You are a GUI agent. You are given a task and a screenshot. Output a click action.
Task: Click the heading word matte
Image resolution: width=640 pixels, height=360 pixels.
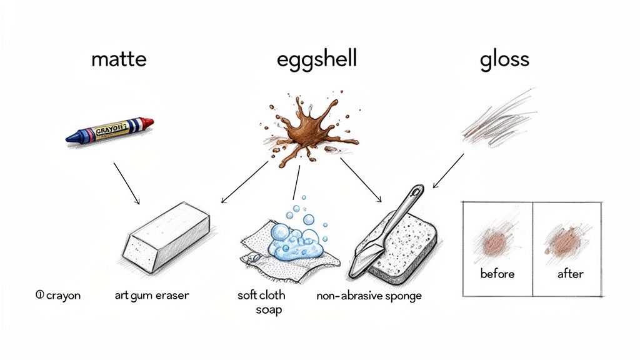[119, 59]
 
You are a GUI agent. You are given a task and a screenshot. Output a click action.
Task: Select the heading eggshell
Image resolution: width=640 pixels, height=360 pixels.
[317, 60]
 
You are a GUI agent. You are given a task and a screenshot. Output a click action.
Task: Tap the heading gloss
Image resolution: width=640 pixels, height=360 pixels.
[504, 60]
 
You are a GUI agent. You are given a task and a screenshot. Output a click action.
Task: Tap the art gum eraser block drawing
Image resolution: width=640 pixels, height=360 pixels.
[166, 234]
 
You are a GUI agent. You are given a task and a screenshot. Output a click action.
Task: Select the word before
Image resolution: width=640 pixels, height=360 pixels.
[496, 274]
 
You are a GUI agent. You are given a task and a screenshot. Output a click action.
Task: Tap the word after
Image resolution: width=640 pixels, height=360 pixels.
[569, 274]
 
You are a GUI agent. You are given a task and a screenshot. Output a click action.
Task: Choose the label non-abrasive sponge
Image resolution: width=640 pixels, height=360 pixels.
[369, 296]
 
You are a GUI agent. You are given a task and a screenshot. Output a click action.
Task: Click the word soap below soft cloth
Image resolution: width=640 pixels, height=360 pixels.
[269, 309]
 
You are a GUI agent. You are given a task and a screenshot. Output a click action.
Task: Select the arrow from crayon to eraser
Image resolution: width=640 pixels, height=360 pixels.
[126, 183]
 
